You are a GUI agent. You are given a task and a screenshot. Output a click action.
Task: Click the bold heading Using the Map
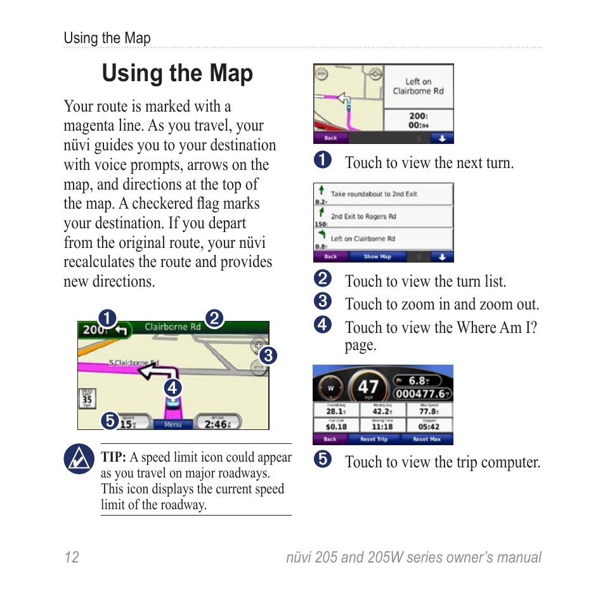coord(177,74)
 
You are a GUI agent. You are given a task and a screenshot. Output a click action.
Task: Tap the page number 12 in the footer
coord(71,557)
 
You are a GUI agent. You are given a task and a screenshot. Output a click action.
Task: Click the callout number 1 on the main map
coord(107,318)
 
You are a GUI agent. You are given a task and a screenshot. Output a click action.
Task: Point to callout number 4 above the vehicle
coord(172,387)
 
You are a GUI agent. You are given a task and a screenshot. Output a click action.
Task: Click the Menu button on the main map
coord(172,424)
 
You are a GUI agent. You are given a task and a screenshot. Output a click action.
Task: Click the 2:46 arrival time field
coord(216,424)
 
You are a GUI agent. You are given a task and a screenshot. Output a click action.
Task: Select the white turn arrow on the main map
coord(158,370)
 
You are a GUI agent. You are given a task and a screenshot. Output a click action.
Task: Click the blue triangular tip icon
coord(79,459)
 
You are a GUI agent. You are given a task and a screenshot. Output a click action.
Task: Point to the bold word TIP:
coord(114,458)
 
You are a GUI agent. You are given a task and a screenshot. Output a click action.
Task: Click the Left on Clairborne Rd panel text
coord(418,86)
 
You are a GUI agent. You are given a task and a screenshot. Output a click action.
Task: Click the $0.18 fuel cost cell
coord(336,426)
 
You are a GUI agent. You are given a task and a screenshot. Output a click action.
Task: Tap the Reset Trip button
coord(374,439)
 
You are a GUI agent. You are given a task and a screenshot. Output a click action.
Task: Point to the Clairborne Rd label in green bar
coord(172,327)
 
